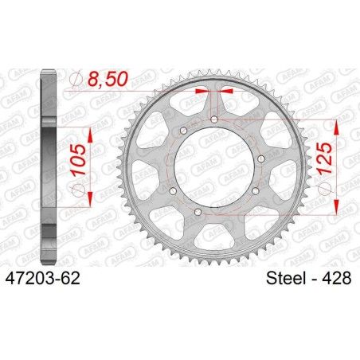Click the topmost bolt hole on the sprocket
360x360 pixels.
pos(215,119)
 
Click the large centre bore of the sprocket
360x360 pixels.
pos(215,166)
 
